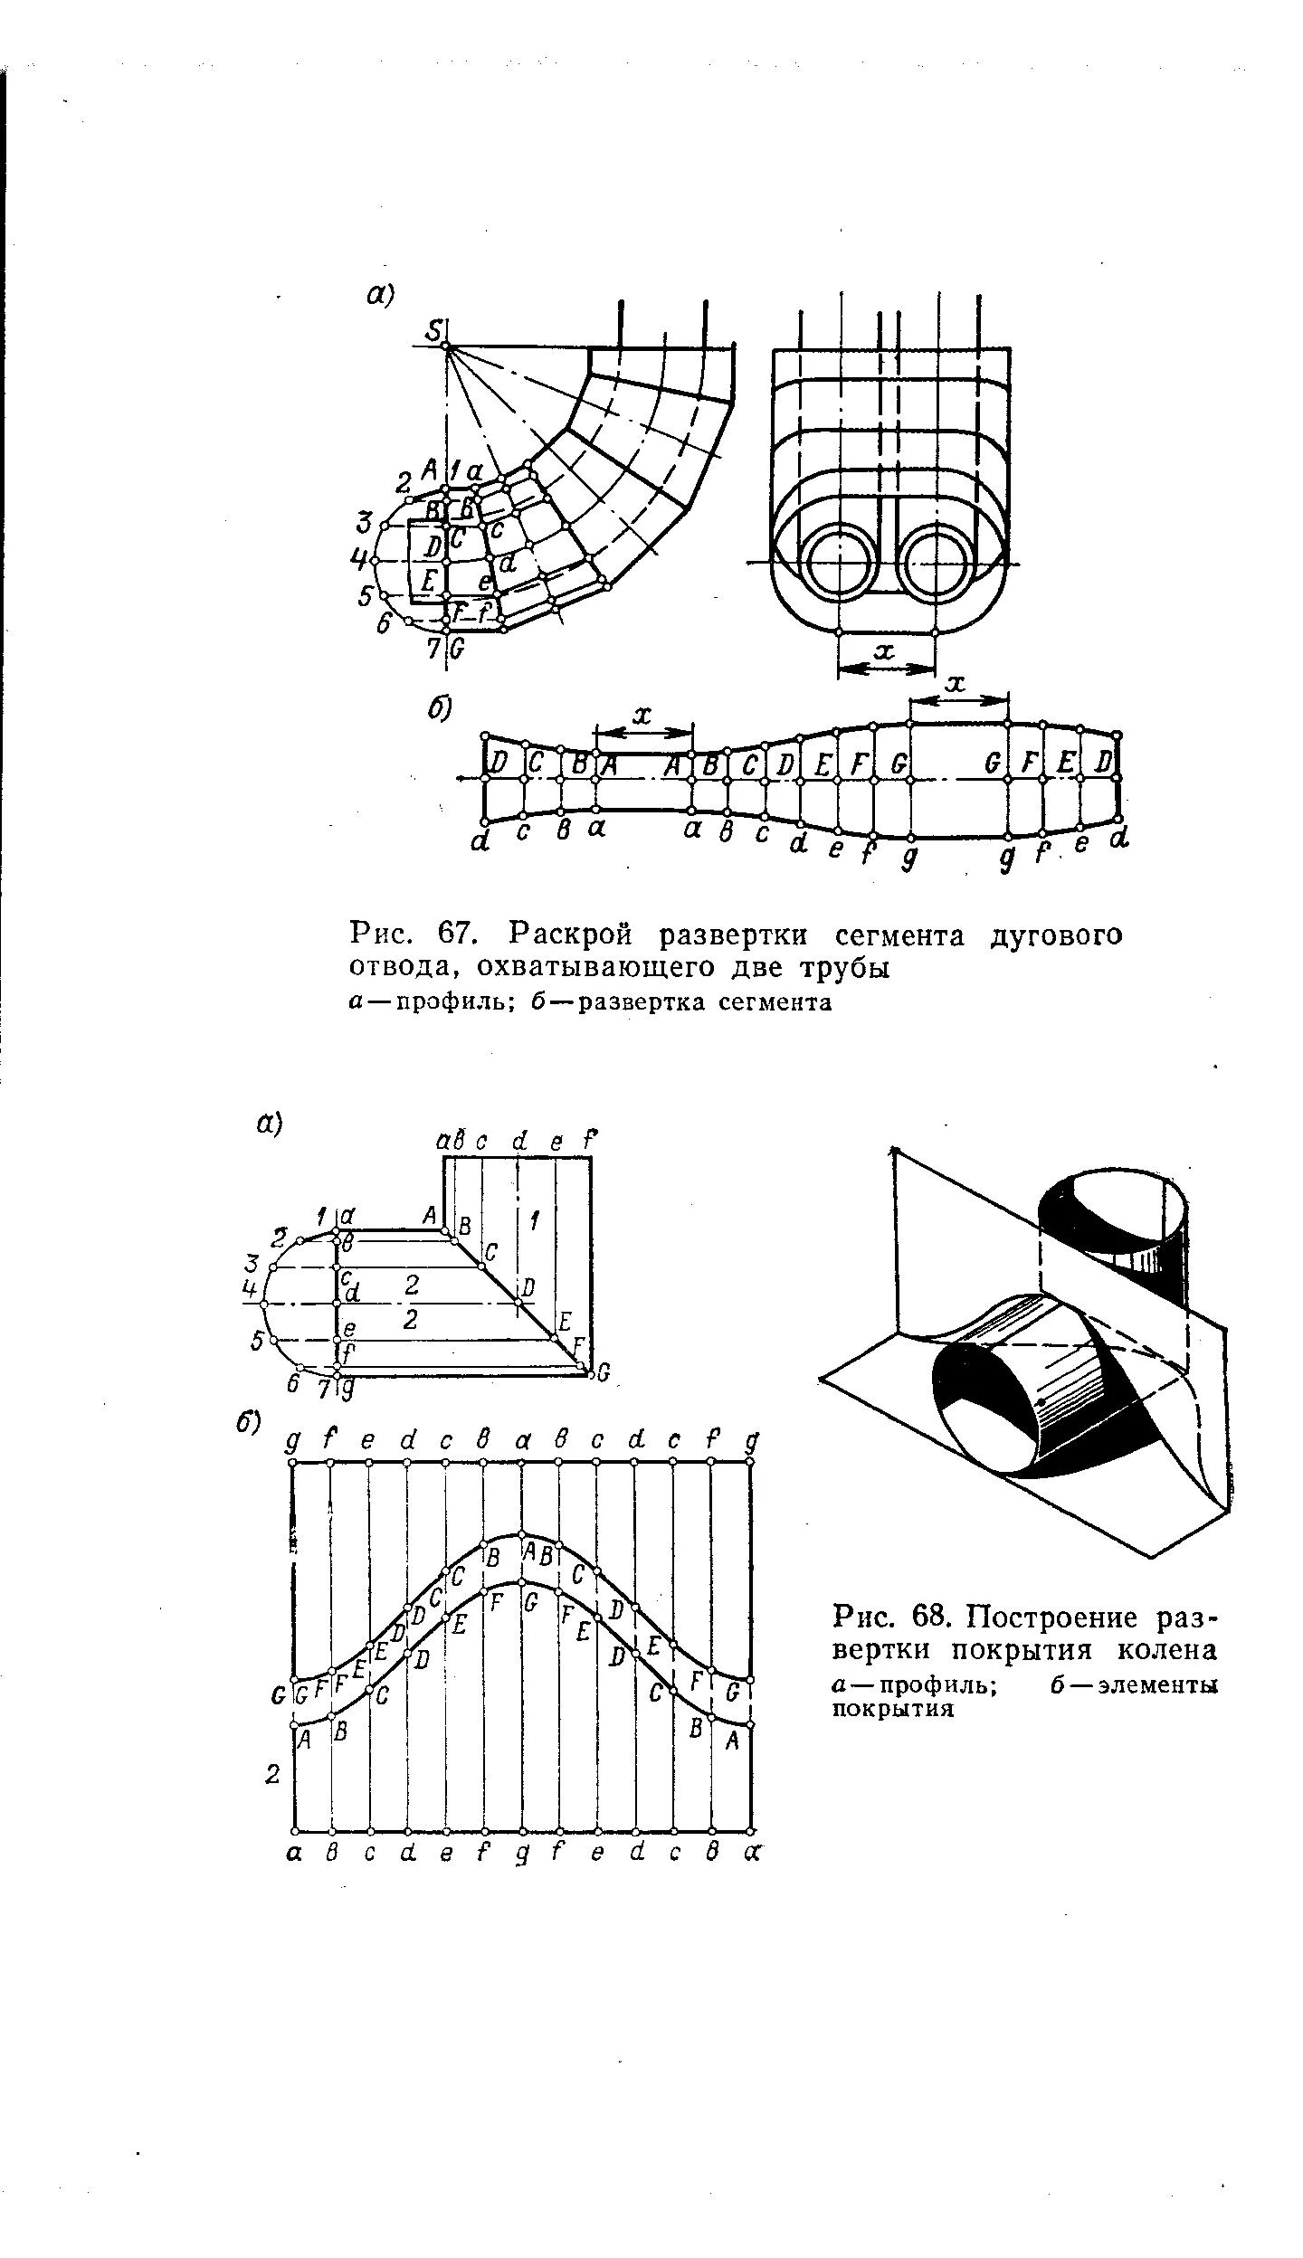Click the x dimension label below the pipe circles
pyautogui.click(x=886, y=650)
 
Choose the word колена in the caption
pyautogui.click(x=1165, y=1650)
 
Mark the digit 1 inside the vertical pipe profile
pyautogui.click(x=535, y=1222)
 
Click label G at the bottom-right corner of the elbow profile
pyautogui.click(x=604, y=1377)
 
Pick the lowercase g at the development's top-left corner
pyautogui.click(x=291, y=1440)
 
